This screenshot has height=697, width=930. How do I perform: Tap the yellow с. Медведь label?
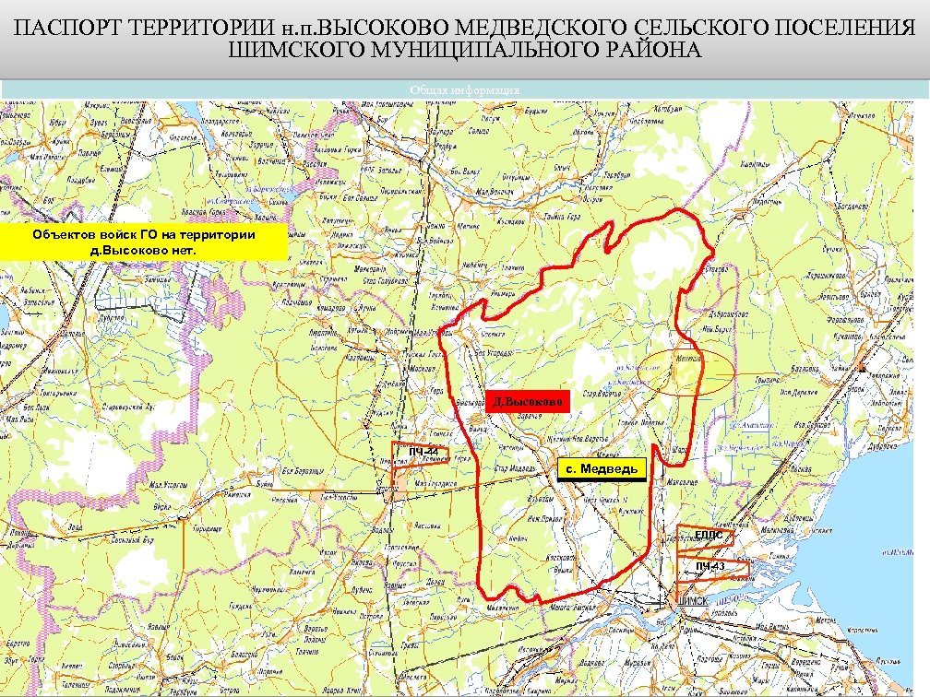(602, 470)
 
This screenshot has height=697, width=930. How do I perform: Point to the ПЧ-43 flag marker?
(710, 565)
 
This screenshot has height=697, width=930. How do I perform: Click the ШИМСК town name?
(692, 601)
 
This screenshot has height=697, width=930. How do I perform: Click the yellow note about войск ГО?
(144, 242)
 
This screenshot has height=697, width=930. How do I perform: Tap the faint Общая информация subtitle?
(465, 90)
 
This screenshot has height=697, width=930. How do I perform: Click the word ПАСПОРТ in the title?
(65, 28)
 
